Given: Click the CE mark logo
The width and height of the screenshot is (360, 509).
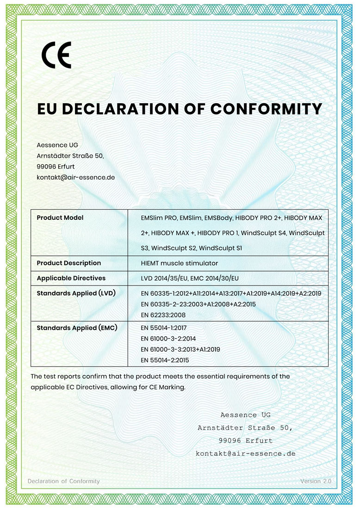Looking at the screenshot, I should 56,55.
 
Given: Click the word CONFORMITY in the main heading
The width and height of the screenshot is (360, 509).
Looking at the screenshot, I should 266,109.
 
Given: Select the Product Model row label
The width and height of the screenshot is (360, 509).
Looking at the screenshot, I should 60,217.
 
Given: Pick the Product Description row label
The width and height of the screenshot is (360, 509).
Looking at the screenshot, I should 68,263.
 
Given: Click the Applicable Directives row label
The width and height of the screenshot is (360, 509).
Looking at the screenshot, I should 71,278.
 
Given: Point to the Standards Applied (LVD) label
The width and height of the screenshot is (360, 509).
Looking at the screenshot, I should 76,293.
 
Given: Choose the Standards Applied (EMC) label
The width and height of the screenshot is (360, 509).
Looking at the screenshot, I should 76,328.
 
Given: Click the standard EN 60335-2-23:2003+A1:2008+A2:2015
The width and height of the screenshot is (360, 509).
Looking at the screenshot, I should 198,304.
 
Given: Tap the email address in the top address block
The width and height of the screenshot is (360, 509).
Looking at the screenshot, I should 75,177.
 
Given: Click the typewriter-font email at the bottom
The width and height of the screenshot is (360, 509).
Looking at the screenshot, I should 245,453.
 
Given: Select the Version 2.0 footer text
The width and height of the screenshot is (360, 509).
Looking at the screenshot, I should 316,481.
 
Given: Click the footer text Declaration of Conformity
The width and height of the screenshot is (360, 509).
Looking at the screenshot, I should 63,481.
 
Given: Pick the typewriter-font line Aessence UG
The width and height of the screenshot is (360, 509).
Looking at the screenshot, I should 245,415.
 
